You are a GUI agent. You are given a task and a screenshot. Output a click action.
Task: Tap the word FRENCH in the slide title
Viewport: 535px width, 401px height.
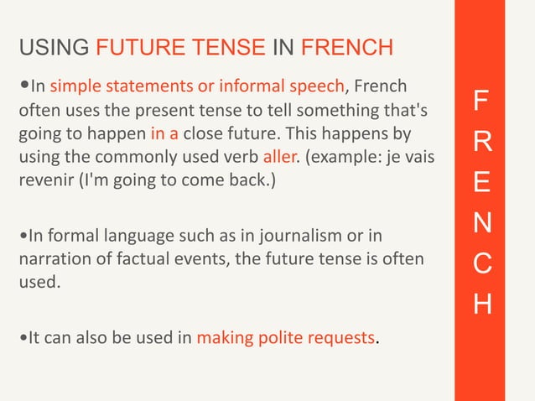[x=346, y=48]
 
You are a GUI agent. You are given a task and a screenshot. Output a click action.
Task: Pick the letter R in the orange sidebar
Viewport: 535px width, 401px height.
[x=478, y=143]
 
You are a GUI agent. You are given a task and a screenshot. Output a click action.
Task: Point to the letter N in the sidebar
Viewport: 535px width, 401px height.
[x=478, y=223]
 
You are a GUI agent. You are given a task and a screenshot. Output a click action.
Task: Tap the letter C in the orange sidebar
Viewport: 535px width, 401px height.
[x=478, y=263]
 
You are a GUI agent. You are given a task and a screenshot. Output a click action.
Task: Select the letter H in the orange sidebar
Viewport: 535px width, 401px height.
[x=478, y=303]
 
